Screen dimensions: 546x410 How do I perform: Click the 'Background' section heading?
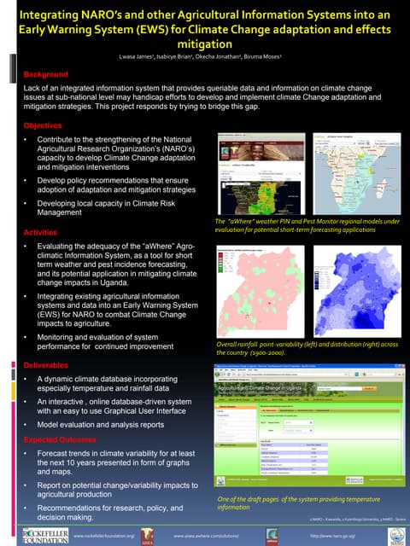tap(45, 74)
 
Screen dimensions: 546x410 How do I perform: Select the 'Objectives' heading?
tap(43, 125)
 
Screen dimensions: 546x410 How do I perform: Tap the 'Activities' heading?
tap(40, 232)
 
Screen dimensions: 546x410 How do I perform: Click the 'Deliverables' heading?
tap(45, 364)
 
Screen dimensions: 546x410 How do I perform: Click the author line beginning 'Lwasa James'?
tap(204, 56)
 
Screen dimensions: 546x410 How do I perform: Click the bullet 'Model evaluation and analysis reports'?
tap(101, 424)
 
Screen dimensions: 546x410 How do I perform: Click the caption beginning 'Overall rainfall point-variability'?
tap(307, 348)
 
